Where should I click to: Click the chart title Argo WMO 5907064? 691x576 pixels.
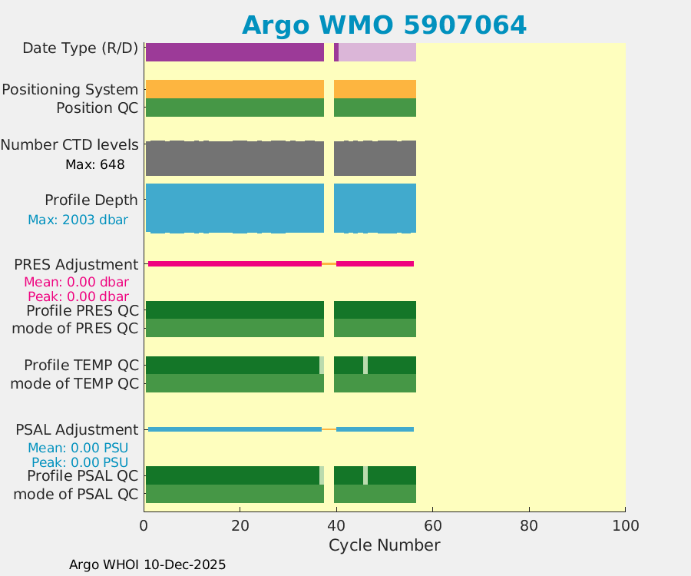[x=384, y=25]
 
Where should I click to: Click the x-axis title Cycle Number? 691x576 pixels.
[x=384, y=545]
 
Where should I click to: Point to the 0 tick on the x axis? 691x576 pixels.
[x=144, y=525]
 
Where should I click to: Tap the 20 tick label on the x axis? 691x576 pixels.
[x=240, y=525]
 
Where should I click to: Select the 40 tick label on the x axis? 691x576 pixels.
[x=336, y=525]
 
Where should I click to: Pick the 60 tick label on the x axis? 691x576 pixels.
[x=432, y=525]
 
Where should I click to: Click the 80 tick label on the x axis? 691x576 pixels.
[x=528, y=525]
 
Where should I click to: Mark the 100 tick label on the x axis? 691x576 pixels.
[x=625, y=525]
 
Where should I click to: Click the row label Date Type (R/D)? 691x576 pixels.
[x=80, y=48]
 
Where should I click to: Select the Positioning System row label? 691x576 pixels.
[x=70, y=89]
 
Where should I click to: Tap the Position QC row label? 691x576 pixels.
[x=97, y=108]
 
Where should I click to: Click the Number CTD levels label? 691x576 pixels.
[x=69, y=144]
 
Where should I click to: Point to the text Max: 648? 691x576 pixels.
[x=95, y=164]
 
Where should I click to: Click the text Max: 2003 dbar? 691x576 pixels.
[x=78, y=220]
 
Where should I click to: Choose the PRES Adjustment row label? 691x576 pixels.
[x=76, y=264]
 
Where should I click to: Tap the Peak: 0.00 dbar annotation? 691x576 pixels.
[x=78, y=296]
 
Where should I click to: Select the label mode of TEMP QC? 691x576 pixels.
[x=74, y=383]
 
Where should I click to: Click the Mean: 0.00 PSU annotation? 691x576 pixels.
[x=78, y=448]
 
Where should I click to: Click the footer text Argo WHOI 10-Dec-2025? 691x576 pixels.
[x=147, y=564]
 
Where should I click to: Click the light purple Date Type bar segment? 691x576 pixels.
[x=377, y=52]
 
